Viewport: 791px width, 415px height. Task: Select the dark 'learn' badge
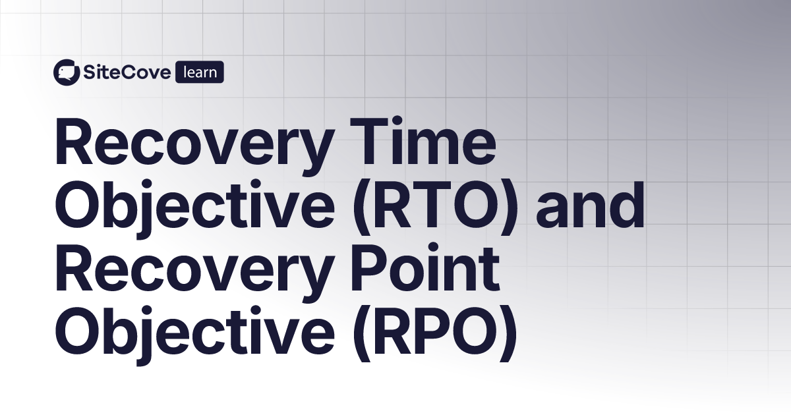[200, 72]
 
